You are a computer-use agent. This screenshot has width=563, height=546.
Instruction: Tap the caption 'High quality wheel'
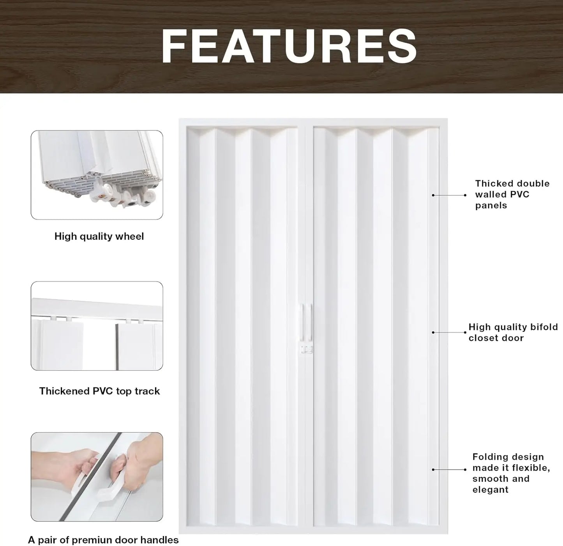click(x=99, y=236)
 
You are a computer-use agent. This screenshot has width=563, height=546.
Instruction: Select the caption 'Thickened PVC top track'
click(x=99, y=391)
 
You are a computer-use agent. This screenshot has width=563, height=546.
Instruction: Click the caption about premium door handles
click(x=103, y=540)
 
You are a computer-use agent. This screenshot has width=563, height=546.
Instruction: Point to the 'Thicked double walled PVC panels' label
click(x=512, y=194)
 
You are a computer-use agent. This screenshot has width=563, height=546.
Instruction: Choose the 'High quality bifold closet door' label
click(x=513, y=332)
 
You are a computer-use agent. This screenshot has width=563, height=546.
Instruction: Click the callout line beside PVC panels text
click(x=449, y=195)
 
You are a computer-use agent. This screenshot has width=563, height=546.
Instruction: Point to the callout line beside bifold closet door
click(x=449, y=332)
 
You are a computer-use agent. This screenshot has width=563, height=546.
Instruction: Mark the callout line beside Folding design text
click(x=449, y=470)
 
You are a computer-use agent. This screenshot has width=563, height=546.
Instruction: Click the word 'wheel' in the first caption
click(x=130, y=236)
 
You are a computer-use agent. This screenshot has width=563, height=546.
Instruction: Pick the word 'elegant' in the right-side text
click(x=490, y=490)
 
